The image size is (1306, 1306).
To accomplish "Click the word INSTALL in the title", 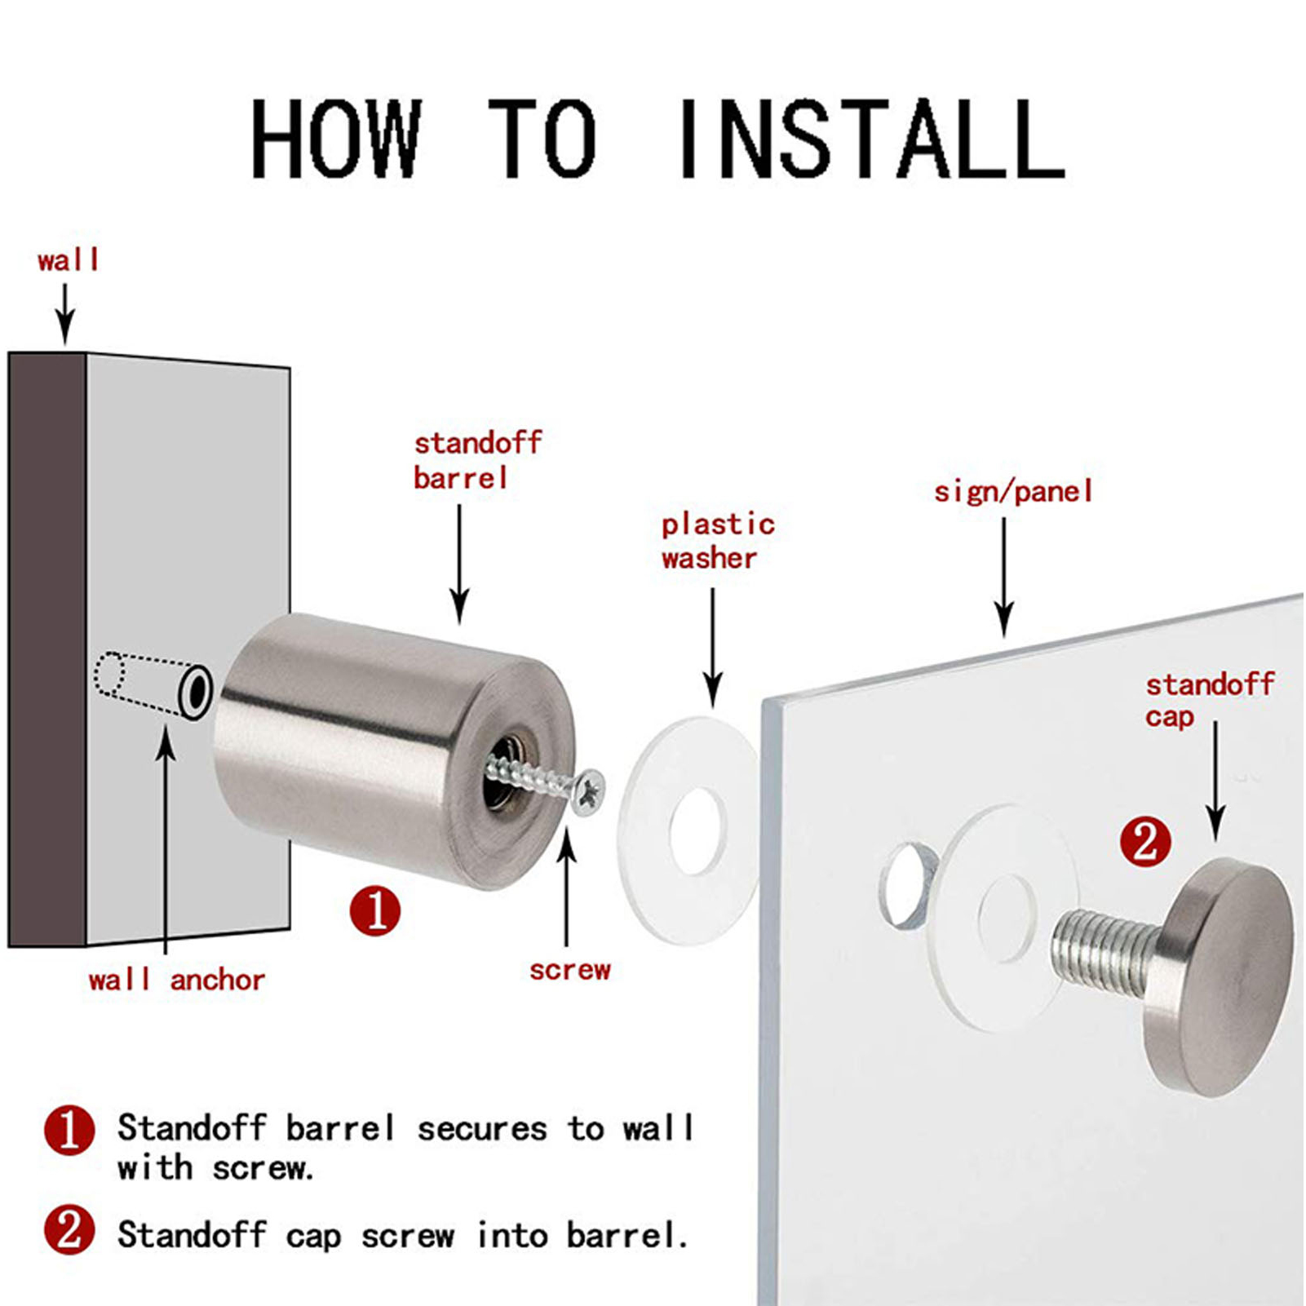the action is pos(870,138).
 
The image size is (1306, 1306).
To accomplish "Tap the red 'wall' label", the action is pos(68,261).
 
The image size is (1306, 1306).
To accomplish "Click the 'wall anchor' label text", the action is pos(176,979).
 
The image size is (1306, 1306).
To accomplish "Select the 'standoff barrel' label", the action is pos(477,460).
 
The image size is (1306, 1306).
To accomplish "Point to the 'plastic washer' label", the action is pos(717,541).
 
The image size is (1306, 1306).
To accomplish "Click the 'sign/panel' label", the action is pos(1012,491).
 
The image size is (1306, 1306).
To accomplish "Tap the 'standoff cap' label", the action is pos(1209,700).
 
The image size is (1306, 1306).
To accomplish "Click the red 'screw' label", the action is pos(569,970).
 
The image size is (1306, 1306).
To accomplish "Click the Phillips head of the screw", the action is pos(588,791).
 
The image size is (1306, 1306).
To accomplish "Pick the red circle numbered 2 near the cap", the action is pos(1145,842).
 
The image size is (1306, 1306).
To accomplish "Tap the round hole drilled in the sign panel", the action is pos(907,886).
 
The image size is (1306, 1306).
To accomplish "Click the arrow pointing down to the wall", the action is pos(65,314).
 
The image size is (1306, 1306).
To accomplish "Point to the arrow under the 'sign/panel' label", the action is pos(1004,578).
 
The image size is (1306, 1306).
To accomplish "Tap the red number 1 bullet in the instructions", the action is pos(69,1131).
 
